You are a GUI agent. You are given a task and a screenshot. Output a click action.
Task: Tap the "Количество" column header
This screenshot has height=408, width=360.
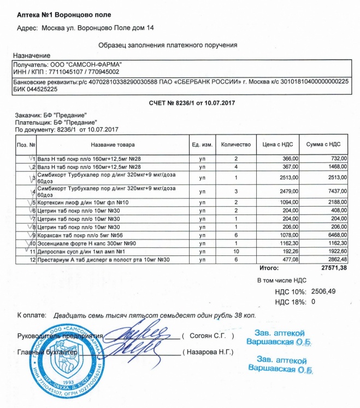pos(235,144)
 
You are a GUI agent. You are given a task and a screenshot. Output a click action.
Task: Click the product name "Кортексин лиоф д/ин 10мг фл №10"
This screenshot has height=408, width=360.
pos(82,202)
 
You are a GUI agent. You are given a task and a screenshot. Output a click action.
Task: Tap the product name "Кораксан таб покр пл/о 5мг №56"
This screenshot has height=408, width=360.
pos(81,235)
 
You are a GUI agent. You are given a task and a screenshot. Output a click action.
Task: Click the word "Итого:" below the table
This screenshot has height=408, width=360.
pos(270,268)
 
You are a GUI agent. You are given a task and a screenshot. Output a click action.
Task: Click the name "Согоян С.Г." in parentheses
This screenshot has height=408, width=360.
pos(210,335)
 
